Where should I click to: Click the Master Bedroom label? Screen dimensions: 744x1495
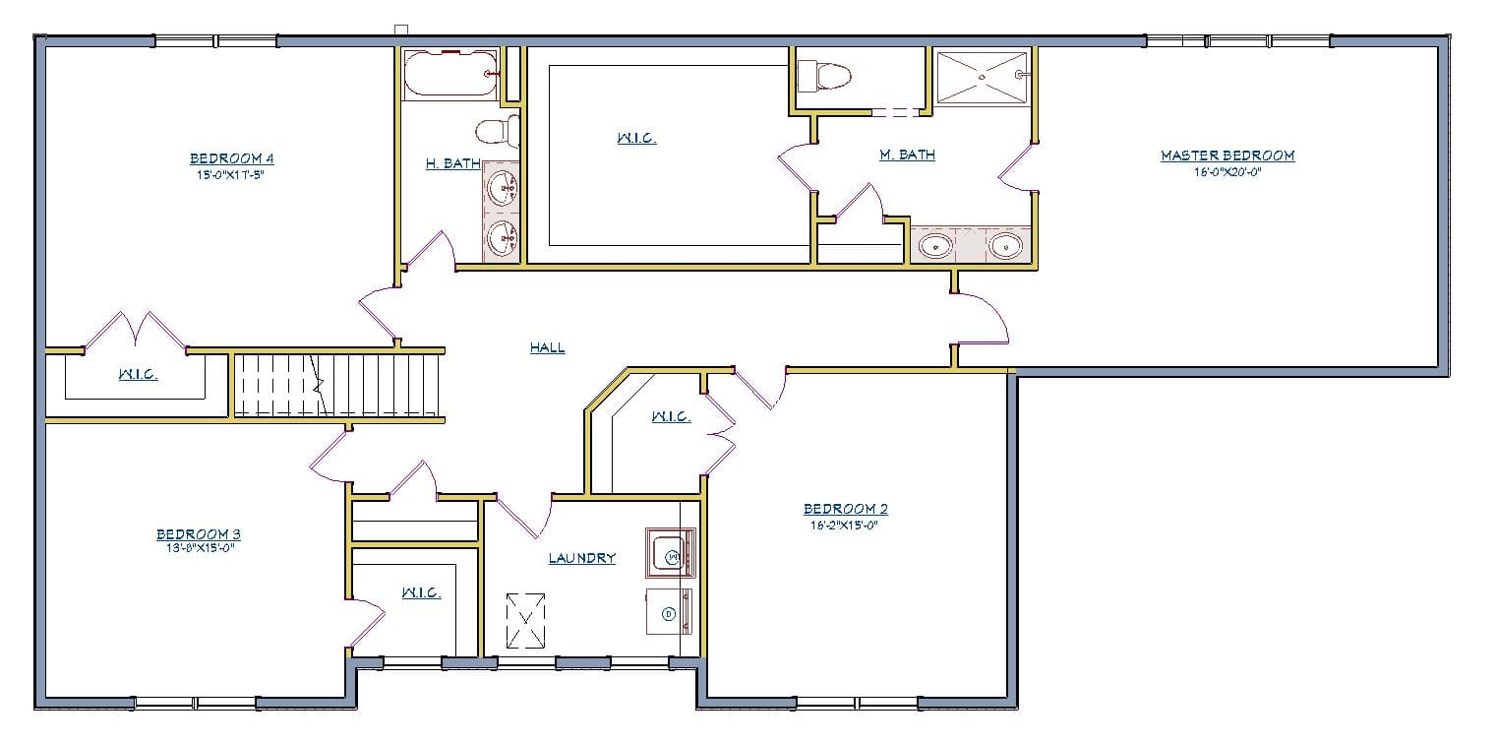(1226, 155)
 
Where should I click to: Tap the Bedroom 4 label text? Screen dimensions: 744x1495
(232, 158)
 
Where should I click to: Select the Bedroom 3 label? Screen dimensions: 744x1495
(198, 534)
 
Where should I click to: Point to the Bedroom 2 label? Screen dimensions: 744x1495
(845, 509)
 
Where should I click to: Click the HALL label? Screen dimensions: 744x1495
(547, 347)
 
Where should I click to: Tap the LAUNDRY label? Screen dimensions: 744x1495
(582, 558)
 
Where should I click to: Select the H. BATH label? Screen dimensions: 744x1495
(452, 163)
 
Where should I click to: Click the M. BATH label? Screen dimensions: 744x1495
(907, 155)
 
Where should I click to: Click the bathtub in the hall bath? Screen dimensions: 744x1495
(450, 74)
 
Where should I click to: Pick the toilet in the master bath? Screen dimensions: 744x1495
(824, 75)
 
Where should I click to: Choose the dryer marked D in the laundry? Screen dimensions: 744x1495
(669, 613)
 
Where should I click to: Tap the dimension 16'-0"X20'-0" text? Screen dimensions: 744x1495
(1226, 171)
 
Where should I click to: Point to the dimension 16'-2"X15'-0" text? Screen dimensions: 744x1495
(845, 525)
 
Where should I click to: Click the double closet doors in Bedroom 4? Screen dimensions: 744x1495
(135, 332)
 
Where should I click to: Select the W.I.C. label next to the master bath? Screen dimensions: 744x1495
(636, 139)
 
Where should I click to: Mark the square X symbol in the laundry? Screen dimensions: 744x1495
(525, 620)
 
